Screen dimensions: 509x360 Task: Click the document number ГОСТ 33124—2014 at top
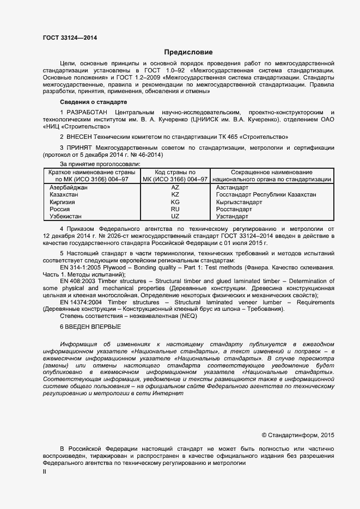70,38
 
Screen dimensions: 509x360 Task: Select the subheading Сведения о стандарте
93,102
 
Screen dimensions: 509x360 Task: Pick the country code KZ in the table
175,194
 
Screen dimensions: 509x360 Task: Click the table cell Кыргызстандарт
239,202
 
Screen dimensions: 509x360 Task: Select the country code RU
175,209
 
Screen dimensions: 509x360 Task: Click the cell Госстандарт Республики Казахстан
266,194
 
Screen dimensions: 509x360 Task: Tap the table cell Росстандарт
234,209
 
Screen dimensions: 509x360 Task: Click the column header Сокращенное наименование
271,172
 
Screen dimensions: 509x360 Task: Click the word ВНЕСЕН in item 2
81,136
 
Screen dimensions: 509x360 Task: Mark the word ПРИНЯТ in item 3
80,148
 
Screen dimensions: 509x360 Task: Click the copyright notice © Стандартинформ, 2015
298,435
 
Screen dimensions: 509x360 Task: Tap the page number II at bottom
45,472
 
